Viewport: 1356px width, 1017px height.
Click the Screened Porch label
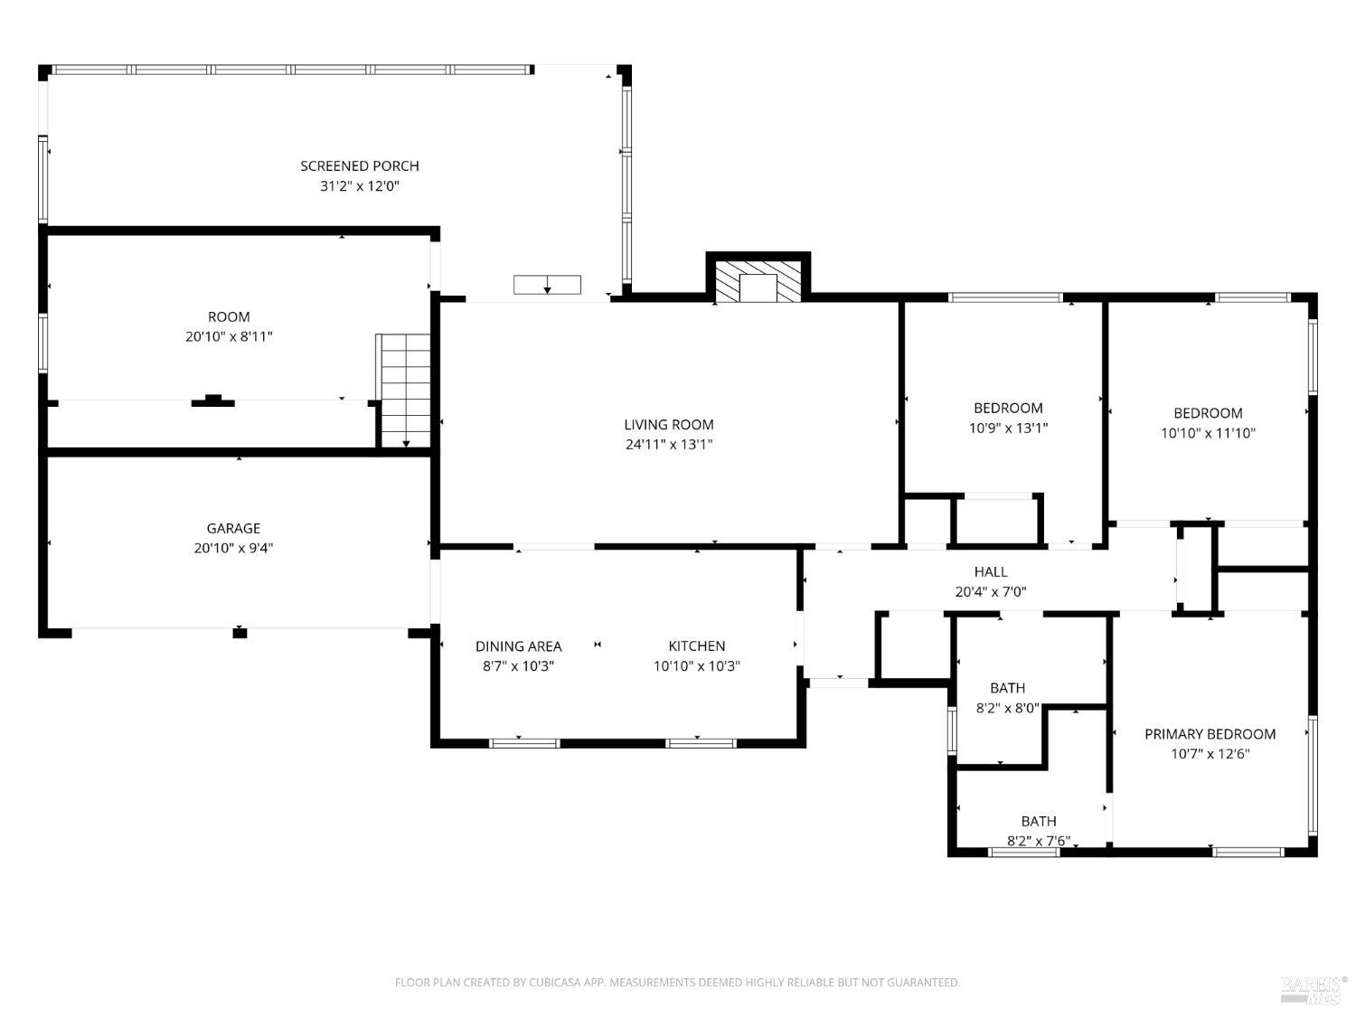(360, 166)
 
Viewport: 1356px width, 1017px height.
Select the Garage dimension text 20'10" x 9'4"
(233, 548)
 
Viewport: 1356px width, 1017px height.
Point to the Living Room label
(669, 424)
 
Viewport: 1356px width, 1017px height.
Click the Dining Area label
(519, 646)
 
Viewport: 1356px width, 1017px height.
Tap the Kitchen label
(697, 646)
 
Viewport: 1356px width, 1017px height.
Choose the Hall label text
(991, 572)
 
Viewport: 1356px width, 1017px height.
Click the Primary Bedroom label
(1210, 734)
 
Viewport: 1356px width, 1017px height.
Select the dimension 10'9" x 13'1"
(1008, 428)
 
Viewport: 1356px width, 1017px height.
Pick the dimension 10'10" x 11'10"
(1208, 433)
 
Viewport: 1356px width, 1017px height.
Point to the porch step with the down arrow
(547, 285)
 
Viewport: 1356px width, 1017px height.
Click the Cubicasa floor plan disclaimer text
(677, 983)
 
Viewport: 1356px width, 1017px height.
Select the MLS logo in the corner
(1314, 989)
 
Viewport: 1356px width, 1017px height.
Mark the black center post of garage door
(240, 633)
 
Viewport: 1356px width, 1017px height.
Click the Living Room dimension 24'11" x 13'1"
(669, 445)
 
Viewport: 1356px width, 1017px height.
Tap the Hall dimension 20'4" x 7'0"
(991, 593)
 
